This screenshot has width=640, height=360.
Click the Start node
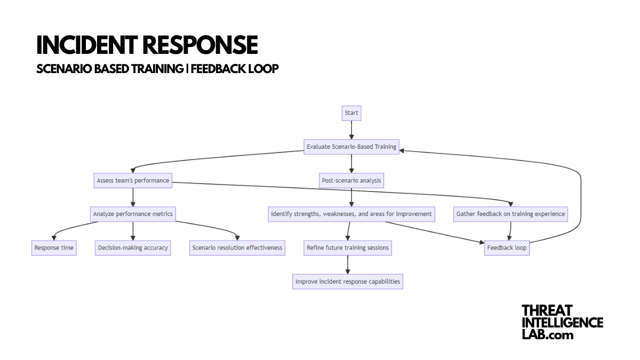(351, 113)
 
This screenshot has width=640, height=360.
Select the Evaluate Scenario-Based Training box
(351, 147)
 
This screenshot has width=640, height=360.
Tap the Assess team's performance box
(133, 180)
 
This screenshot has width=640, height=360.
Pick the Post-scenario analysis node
(351, 180)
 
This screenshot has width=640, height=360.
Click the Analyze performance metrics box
(133, 214)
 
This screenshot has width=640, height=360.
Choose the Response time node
(54, 248)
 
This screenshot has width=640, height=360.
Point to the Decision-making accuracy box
(133, 248)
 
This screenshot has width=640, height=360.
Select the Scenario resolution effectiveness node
(237, 248)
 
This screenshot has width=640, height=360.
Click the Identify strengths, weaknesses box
(351, 214)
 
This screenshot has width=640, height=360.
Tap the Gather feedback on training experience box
(510, 214)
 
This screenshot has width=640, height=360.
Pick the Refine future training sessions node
(348, 248)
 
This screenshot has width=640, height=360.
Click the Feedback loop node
(507, 248)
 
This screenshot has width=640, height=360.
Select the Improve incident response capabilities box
(348, 282)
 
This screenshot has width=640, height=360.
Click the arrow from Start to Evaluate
(351, 130)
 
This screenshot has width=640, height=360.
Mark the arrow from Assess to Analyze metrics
(133, 197)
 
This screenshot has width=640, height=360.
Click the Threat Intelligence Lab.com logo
(562, 322)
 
